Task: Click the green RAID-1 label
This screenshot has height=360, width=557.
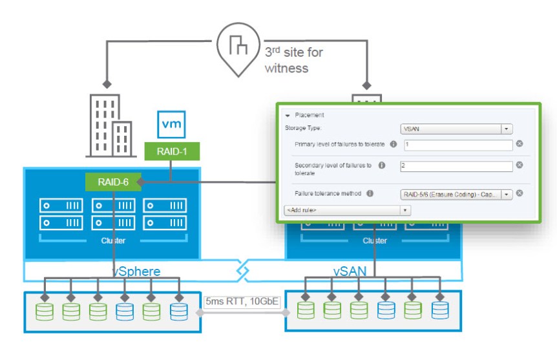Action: (172, 152)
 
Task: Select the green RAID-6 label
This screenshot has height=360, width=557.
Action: (112, 182)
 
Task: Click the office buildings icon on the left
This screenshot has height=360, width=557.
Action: (108, 125)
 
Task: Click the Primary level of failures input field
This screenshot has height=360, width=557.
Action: (456, 144)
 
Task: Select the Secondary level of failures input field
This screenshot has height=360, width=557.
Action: (456, 166)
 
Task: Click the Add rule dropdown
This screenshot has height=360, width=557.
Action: (347, 210)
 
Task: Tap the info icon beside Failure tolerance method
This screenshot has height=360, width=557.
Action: (370, 193)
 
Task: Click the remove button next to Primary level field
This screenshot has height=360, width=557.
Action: (519, 144)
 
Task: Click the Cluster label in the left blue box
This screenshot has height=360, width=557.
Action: (112, 240)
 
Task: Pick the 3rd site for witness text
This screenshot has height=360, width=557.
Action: (287, 60)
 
